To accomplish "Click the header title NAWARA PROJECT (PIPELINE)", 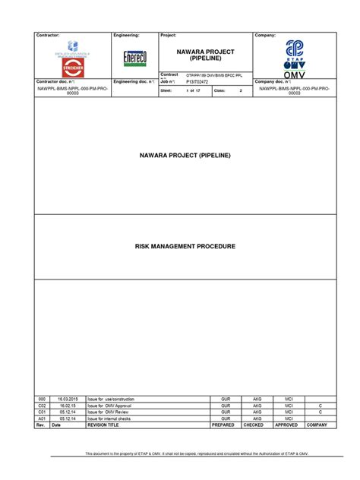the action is click(x=206, y=55).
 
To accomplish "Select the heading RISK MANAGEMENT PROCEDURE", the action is click(x=186, y=247).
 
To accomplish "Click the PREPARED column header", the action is click(x=224, y=425).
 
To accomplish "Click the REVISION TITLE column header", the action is click(x=103, y=425).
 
